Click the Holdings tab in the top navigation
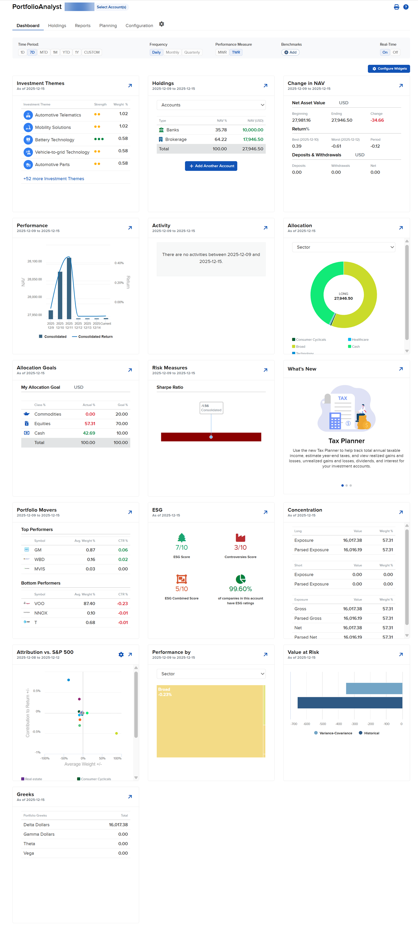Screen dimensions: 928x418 [57, 25]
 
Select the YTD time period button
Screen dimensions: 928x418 [66, 52]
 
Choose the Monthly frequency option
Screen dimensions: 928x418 [172, 52]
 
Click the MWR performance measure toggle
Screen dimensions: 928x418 [222, 52]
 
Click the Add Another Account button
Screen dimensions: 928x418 [211, 166]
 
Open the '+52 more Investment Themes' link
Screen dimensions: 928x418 [54, 179]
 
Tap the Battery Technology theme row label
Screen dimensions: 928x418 [55, 140]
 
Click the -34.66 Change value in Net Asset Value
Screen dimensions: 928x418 [377, 120]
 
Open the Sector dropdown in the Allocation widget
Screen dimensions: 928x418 [343, 247]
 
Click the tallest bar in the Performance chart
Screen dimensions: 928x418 [69, 288]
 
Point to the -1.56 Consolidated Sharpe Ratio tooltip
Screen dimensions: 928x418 [211, 408]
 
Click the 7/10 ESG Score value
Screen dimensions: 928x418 [182, 547]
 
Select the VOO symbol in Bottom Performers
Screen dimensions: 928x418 [39, 603]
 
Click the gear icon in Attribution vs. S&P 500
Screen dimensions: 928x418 [121, 654]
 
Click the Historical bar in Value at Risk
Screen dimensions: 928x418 [349, 703]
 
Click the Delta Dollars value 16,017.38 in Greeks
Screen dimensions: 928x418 [118, 825]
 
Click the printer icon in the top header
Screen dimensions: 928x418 [396, 7]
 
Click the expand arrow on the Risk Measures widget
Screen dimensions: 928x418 [266, 370]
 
